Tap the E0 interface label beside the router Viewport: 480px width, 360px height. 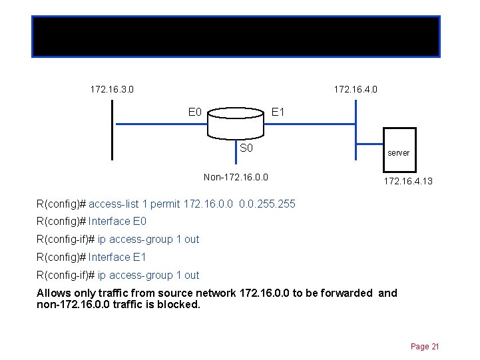[195, 112]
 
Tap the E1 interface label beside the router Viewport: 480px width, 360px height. [278, 112]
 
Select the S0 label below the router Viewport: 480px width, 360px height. [246, 148]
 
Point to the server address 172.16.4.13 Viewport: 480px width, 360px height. [407, 180]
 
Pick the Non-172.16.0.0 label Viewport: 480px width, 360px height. [236, 177]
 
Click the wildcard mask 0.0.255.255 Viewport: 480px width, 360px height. [267, 204]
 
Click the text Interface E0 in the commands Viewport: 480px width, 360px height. [117, 222]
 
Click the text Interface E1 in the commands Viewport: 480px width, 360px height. [117, 257]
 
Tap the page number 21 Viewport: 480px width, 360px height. [425, 346]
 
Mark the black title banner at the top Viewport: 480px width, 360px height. [236, 36]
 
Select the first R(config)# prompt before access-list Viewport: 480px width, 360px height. [61, 204]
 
